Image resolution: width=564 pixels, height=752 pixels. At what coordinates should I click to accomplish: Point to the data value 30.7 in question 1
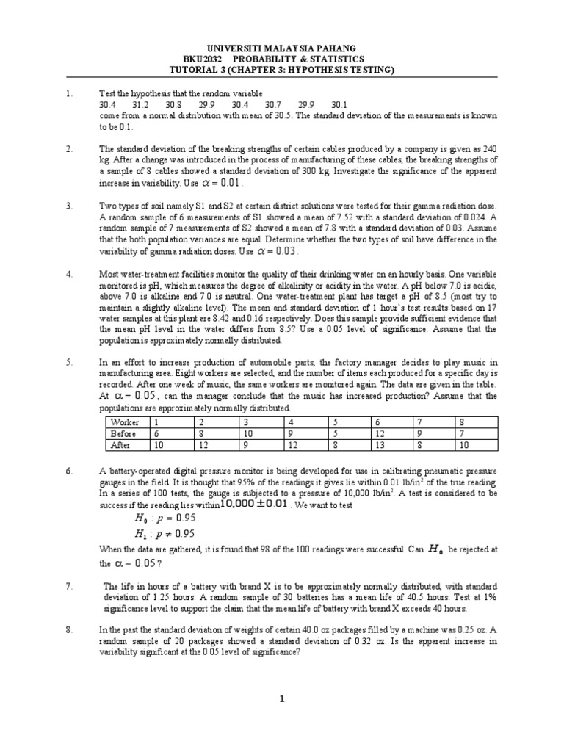(272, 105)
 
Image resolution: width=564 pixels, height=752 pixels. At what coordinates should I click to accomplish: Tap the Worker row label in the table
(124, 423)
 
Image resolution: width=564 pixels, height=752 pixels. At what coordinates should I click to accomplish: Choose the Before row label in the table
(123, 433)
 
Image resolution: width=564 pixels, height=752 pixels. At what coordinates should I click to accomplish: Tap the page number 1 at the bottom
(282, 700)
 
